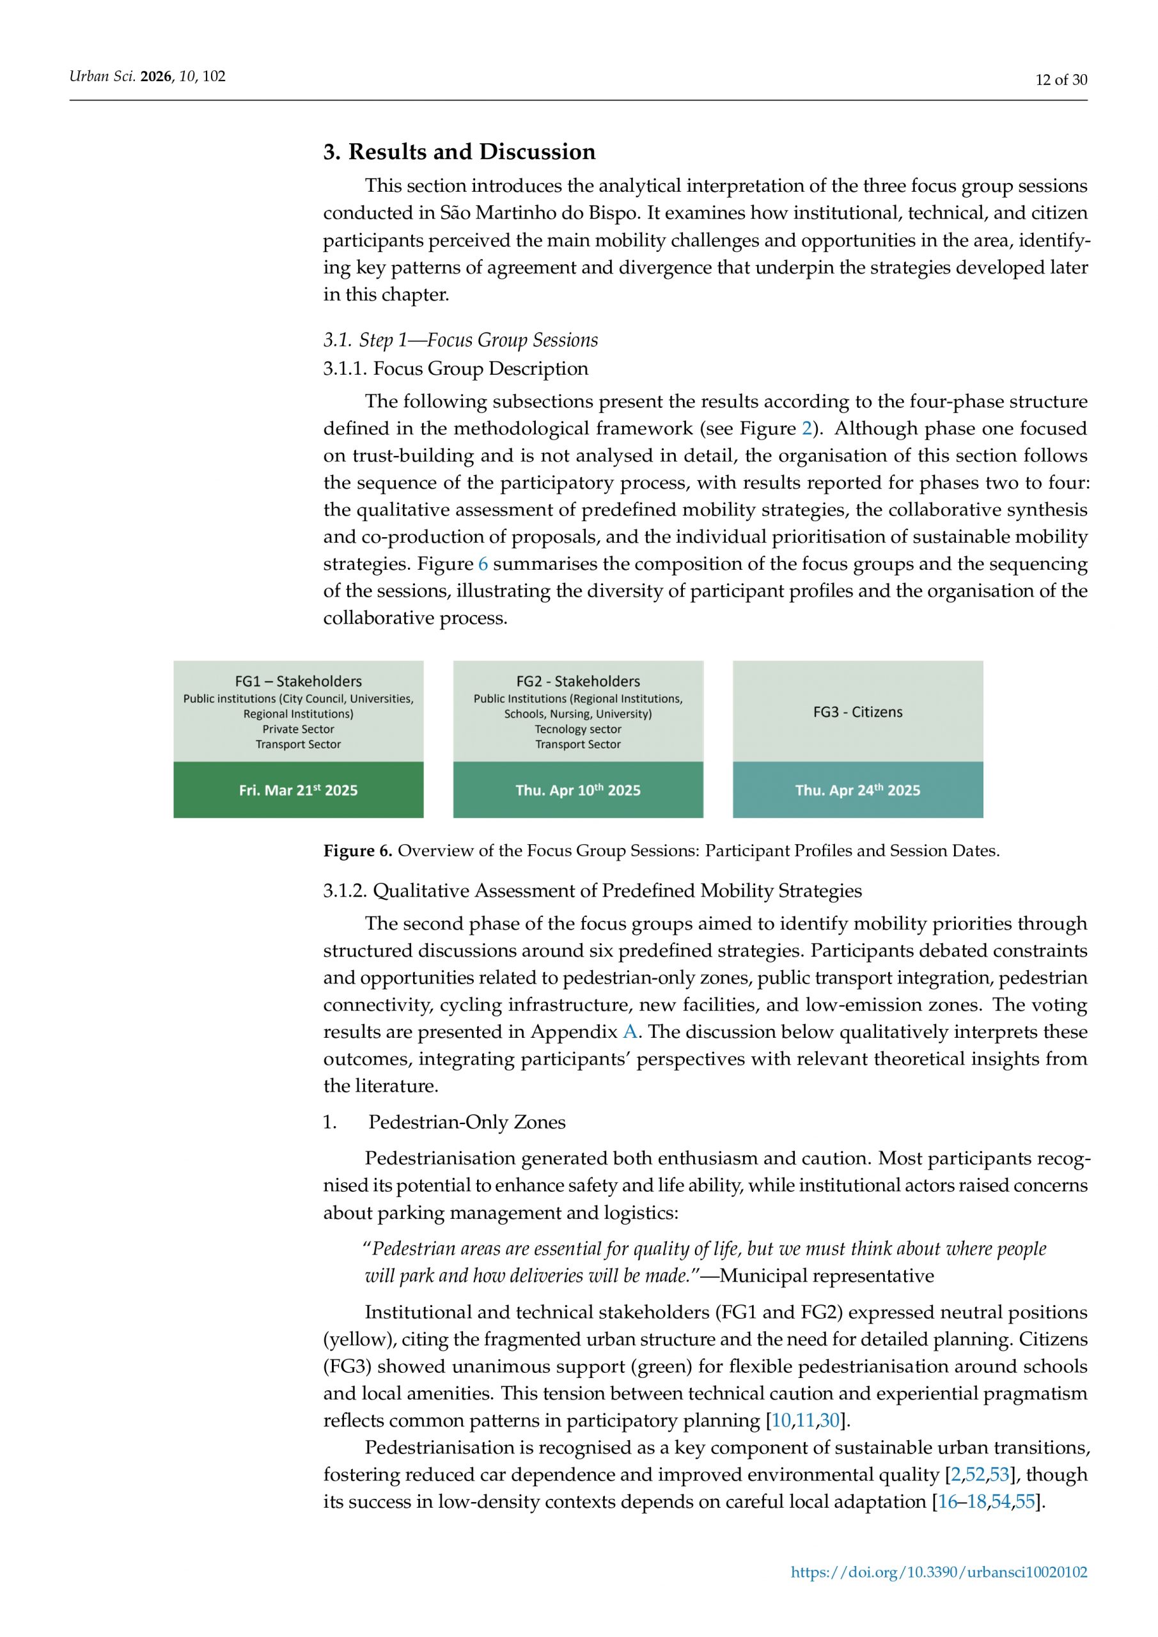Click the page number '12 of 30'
(1061, 80)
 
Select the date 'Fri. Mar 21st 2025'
(298, 790)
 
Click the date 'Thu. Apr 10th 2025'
(577, 790)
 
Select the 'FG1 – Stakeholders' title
(298, 681)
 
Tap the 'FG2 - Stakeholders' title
(577, 681)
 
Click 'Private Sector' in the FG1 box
(298, 729)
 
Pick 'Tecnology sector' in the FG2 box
(577, 729)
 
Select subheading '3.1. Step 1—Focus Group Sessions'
(460, 340)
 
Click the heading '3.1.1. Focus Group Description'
(456, 368)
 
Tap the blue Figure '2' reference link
(806, 428)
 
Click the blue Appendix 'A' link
(630, 1031)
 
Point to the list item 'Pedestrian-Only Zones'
(466, 1122)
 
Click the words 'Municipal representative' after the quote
(826, 1276)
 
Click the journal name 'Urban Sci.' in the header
(102, 76)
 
